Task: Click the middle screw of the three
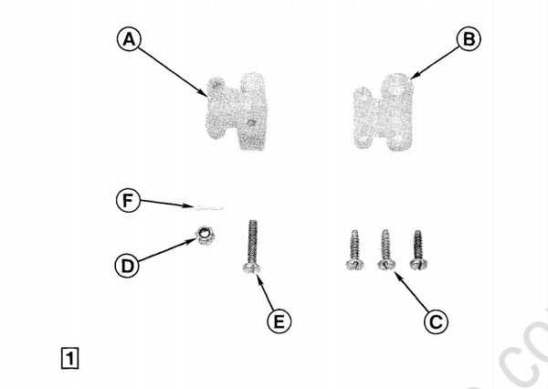point(385,248)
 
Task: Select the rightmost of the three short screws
point(418,248)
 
